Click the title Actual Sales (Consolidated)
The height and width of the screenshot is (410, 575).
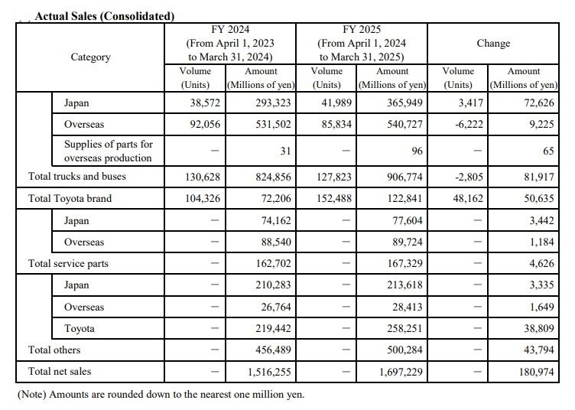click(104, 15)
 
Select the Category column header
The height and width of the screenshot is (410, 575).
click(90, 57)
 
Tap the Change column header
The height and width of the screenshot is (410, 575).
click(493, 44)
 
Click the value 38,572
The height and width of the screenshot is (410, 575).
click(201, 102)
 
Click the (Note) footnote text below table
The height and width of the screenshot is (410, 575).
click(160, 395)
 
